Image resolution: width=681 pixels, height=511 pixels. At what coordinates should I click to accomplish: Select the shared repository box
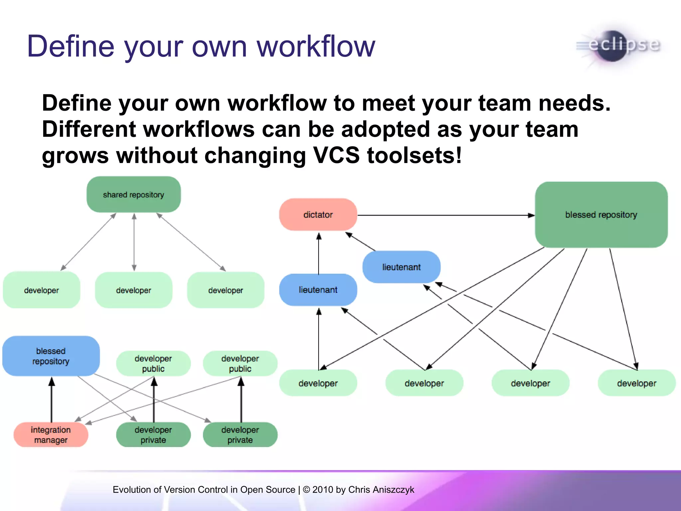(x=133, y=195)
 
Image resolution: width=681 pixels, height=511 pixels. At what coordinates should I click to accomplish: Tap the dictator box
(x=318, y=215)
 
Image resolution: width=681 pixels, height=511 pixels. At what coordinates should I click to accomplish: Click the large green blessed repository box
(x=601, y=215)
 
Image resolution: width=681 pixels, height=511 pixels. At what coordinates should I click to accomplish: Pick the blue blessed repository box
(x=51, y=356)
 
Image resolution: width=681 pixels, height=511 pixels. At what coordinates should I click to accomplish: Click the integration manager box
(x=51, y=435)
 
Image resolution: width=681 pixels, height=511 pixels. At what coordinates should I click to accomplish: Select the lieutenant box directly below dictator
(x=318, y=290)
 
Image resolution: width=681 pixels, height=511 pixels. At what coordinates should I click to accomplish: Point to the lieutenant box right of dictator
(x=401, y=267)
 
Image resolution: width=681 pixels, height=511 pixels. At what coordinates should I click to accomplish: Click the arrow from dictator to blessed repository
(x=446, y=215)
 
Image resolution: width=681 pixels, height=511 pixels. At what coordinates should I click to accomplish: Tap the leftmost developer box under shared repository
(x=42, y=290)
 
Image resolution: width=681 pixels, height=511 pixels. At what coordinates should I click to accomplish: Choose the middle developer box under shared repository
(x=133, y=290)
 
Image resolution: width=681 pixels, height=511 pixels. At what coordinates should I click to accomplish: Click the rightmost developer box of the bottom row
(x=636, y=383)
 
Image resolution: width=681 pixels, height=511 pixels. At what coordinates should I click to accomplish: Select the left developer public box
(x=153, y=363)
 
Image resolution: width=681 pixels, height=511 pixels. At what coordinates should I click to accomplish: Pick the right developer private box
(x=240, y=435)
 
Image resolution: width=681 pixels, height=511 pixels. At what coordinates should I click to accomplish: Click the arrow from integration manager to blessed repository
(x=52, y=399)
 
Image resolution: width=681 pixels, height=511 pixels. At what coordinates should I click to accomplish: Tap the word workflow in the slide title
(x=316, y=47)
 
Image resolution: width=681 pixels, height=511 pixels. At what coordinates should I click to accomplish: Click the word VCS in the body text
(x=336, y=155)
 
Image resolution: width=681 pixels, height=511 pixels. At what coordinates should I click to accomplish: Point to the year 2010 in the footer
(x=323, y=490)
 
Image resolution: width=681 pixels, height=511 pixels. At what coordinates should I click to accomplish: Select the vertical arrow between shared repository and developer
(x=134, y=242)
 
